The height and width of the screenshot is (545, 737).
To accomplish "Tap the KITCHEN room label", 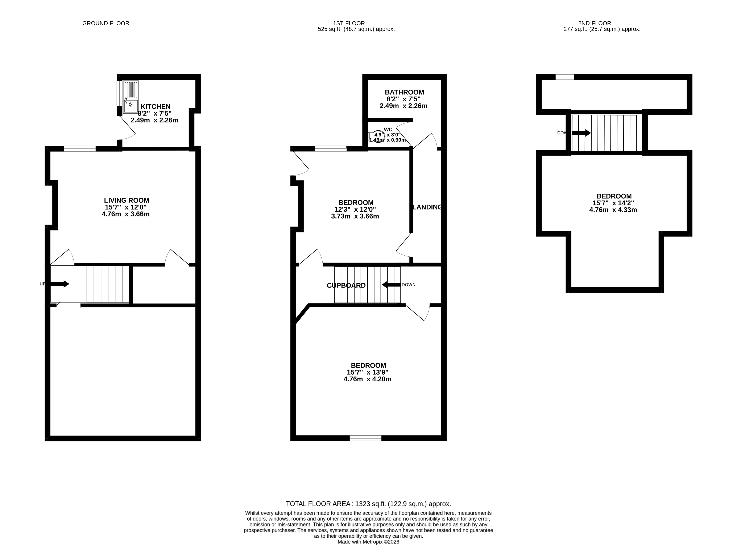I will (x=155, y=107).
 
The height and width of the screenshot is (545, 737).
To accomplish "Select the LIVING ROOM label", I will (x=127, y=200).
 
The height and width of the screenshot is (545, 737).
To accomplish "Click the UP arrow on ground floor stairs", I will (x=60, y=284).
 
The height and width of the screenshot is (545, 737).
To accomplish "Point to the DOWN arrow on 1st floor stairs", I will (x=391, y=285).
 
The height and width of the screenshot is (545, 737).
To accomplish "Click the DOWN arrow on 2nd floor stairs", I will (x=581, y=133).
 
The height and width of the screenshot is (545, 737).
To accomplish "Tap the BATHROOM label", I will (x=404, y=92).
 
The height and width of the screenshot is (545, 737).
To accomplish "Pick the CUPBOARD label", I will (x=346, y=286).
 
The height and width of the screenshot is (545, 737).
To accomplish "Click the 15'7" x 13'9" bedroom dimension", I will (x=368, y=372).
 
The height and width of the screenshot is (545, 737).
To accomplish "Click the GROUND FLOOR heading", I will (x=106, y=23).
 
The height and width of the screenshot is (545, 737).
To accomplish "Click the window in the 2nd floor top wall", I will (x=565, y=77).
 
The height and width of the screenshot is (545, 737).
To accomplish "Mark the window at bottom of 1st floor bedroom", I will (x=365, y=438).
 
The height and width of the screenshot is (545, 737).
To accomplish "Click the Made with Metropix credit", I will (x=368, y=542).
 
